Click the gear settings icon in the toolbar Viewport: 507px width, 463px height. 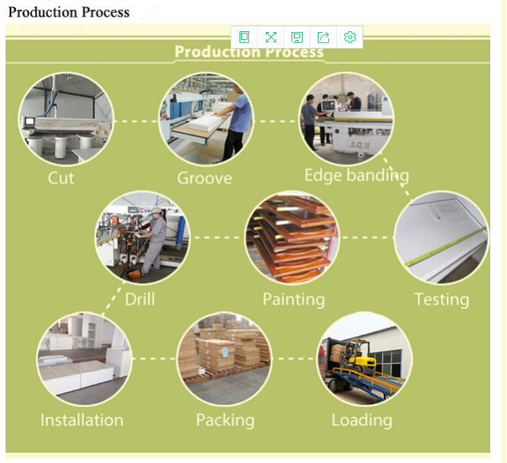coord(350,37)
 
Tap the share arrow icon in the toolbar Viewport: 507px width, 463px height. coord(323,37)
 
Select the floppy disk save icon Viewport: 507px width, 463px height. coord(297,37)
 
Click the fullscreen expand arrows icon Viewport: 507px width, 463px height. coord(271,37)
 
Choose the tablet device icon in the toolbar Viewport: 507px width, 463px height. coord(244,37)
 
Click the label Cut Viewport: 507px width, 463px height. coord(61,177)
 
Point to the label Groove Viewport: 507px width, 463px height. coord(204,177)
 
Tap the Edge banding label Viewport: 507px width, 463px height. coord(356,176)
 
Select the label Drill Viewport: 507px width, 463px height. coord(140,299)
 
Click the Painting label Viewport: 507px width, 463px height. coord(294,299)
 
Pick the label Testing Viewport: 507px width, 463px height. coord(441,299)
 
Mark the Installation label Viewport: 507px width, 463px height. coord(81,420)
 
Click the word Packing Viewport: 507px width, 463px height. coord(225,420)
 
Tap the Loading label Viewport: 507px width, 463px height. coord(362,420)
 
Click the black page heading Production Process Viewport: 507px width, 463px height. coord(69,12)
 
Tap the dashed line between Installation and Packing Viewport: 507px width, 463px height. coord(153,358)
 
